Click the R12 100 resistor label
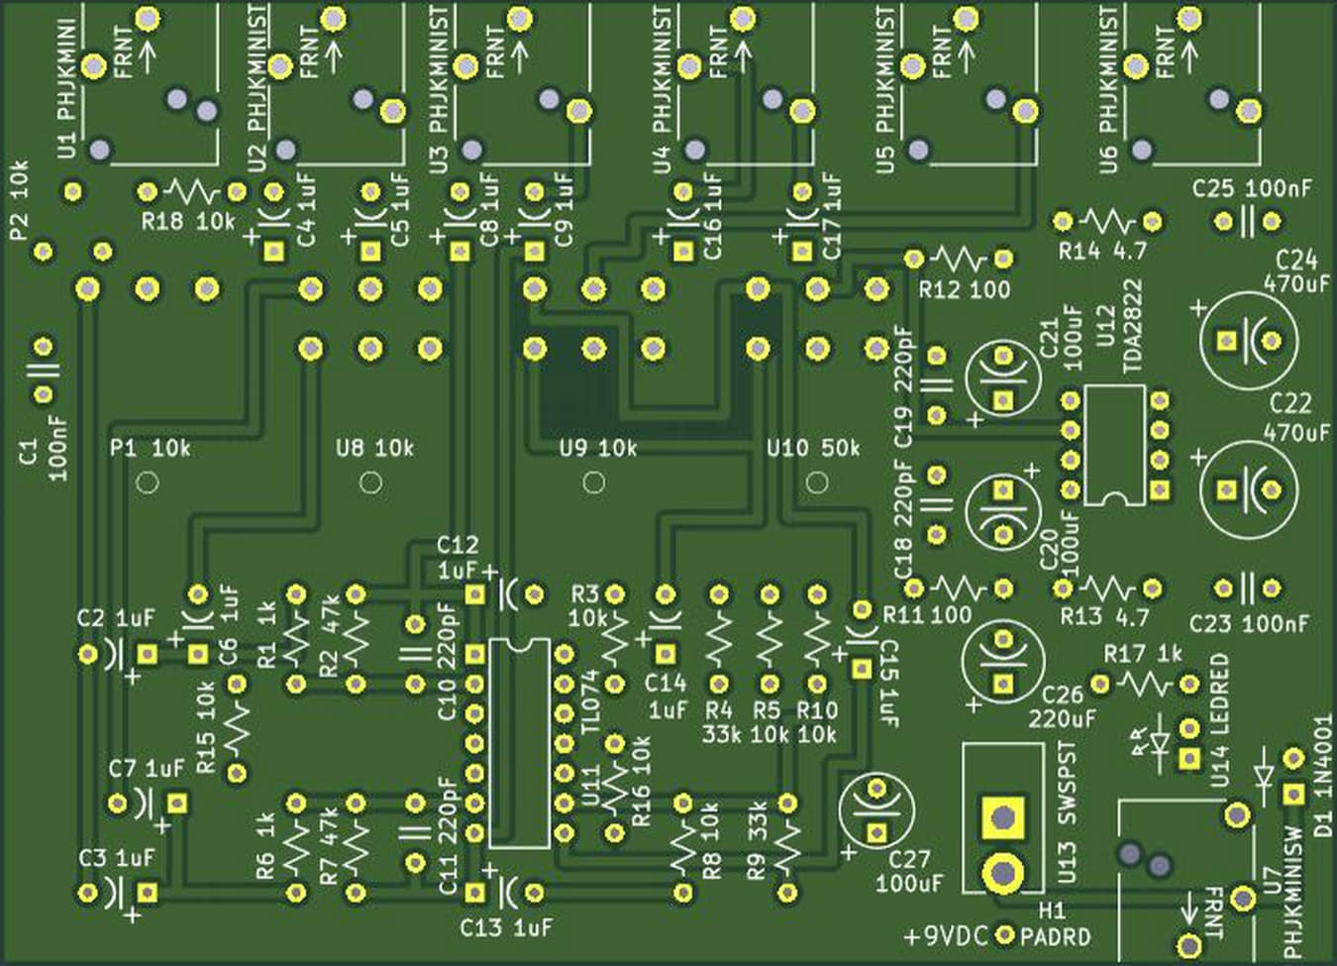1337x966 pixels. pyautogui.click(x=965, y=289)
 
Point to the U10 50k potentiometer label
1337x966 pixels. pyautogui.click(x=813, y=449)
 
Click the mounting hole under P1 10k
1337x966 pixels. pyautogui.click(x=148, y=483)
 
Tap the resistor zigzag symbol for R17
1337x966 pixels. pyautogui.click(x=1144, y=684)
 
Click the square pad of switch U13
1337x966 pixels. pyautogui.click(x=1002, y=817)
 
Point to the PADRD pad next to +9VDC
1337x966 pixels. pyautogui.click(x=1006, y=934)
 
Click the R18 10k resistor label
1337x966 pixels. pyautogui.click(x=187, y=221)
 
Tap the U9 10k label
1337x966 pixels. pyautogui.click(x=597, y=449)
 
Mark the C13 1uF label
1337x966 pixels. pyautogui.click(x=506, y=928)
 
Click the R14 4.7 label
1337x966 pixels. pyautogui.click(x=1101, y=252)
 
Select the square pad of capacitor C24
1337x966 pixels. pyautogui.click(x=1228, y=341)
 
